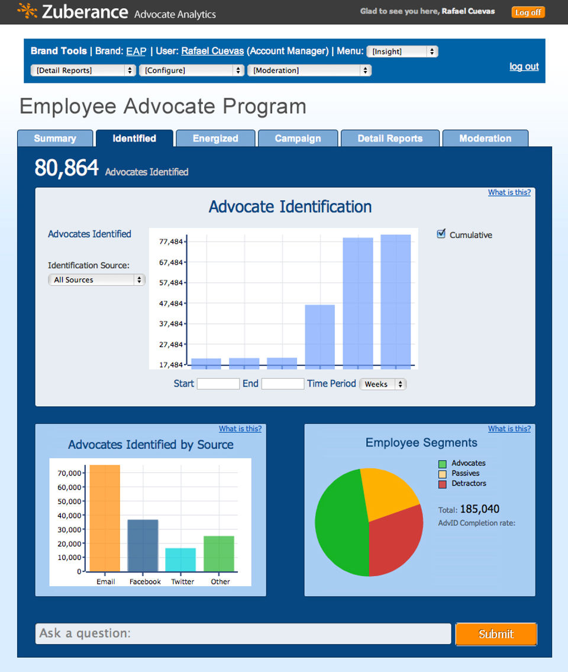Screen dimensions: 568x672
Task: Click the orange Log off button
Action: (x=528, y=12)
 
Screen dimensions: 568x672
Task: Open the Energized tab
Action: (x=215, y=139)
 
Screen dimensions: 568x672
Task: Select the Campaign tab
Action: (x=298, y=139)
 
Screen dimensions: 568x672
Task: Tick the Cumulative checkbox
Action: (x=441, y=233)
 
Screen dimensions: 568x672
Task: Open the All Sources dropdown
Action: (x=96, y=280)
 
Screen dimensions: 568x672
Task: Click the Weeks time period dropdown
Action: (x=383, y=384)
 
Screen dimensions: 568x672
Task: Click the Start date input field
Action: (x=218, y=384)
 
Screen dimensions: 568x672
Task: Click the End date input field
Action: (x=283, y=384)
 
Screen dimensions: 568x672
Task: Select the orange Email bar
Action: (x=105, y=517)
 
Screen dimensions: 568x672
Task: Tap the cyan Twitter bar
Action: (x=181, y=560)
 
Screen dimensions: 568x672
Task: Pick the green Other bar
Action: (x=219, y=553)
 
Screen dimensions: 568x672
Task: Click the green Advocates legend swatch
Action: (x=443, y=464)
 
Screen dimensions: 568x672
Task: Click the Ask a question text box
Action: (x=243, y=634)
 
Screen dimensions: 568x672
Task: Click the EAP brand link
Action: (x=136, y=51)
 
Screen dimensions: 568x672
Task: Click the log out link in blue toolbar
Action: (x=524, y=66)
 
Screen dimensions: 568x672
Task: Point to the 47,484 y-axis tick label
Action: (x=171, y=303)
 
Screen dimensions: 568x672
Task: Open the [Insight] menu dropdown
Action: (x=402, y=52)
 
